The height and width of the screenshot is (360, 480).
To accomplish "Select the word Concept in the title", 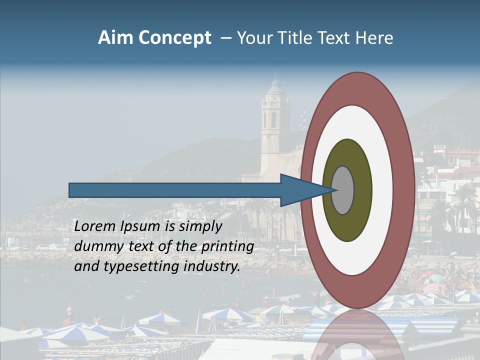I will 174,38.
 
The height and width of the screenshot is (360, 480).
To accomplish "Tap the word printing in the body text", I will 227,246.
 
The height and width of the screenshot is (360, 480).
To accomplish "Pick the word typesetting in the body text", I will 134,266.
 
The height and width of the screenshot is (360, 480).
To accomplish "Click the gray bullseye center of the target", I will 343,190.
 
